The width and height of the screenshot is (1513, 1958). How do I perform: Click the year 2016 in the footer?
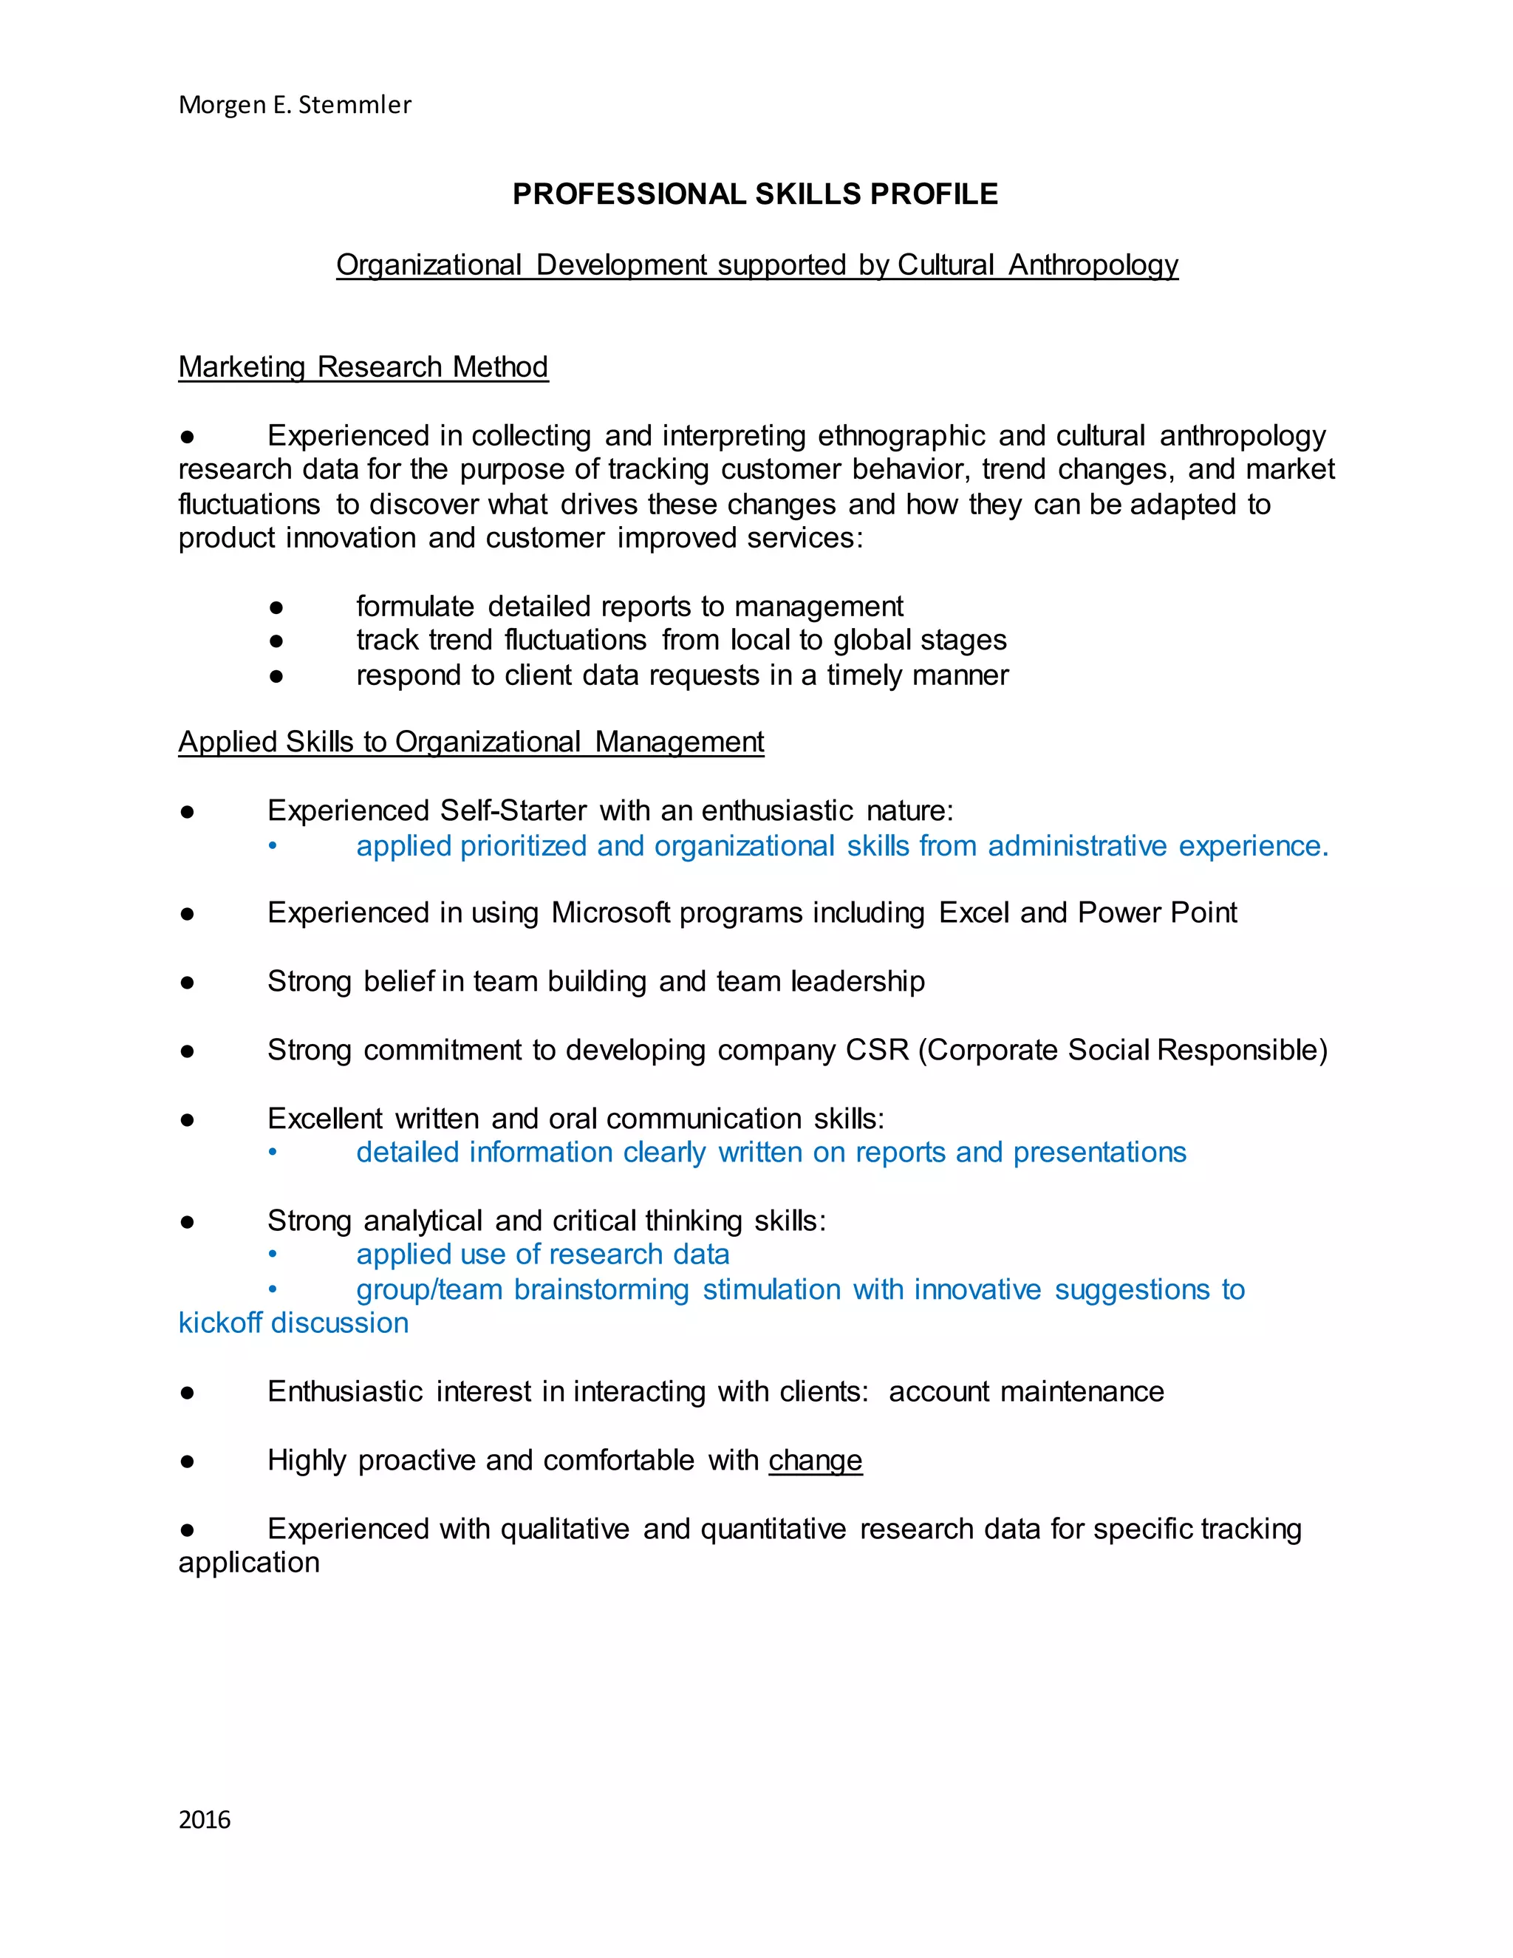click(205, 1819)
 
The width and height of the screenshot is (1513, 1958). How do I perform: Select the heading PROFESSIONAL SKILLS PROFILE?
click(755, 194)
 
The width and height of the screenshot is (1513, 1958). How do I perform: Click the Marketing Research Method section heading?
click(363, 366)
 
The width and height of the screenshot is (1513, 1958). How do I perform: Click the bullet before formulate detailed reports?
click(276, 607)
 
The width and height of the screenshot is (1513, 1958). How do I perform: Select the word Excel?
click(974, 913)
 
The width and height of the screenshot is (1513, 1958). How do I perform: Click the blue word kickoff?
click(220, 1323)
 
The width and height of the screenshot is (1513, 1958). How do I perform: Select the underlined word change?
click(815, 1461)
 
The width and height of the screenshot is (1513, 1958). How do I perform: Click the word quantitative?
click(773, 1529)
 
